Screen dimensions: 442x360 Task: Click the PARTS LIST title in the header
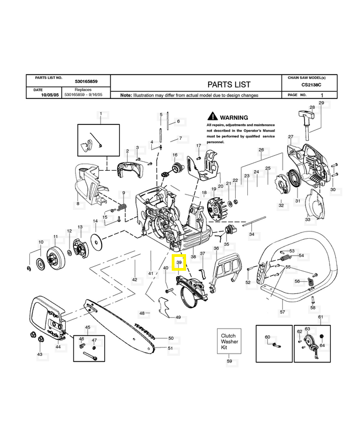point(229,85)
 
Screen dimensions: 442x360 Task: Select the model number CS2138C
point(313,85)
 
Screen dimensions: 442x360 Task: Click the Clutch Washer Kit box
point(228,343)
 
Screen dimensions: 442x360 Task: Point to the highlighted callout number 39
point(179,263)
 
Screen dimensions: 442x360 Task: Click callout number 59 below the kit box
point(229,361)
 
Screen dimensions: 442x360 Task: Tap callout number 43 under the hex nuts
point(39,354)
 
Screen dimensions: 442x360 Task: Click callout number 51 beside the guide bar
point(171,348)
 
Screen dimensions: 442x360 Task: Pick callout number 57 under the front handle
point(283,312)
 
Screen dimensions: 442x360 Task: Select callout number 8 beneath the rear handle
point(78,204)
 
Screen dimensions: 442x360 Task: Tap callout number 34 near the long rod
point(252,235)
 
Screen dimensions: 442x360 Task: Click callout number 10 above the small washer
point(40,242)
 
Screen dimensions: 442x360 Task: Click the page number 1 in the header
point(322,95)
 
